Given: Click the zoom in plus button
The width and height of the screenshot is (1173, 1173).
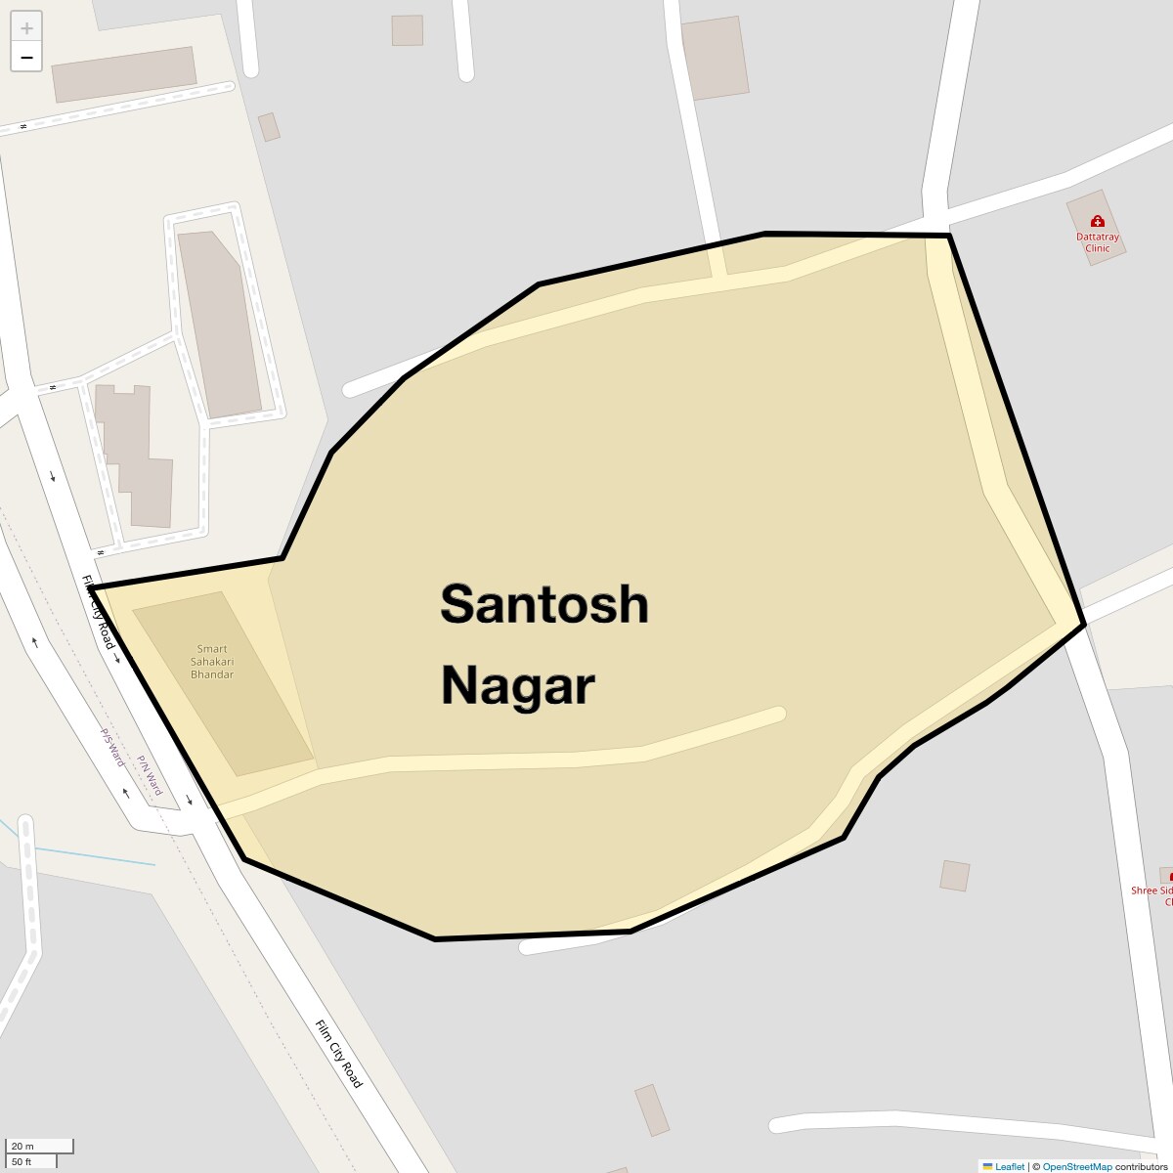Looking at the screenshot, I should [26, 27].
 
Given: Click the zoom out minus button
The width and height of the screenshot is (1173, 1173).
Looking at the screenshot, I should [26, 57].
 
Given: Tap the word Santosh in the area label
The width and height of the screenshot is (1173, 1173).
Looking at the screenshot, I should [544, 604].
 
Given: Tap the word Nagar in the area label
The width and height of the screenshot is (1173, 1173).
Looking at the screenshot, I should [518, 685].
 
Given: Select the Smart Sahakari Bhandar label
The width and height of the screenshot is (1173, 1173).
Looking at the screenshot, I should [212, 662].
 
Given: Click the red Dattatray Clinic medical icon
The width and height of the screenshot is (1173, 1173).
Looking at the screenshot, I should [1097, 221].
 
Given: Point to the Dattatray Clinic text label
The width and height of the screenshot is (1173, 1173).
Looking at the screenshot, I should [1098, 242].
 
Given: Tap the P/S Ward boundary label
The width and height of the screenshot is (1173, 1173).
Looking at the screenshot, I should [112, 745].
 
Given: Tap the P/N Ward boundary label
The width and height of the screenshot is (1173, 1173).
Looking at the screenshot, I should [149, 774].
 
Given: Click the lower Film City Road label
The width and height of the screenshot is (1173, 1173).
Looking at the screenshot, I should [339, 1054].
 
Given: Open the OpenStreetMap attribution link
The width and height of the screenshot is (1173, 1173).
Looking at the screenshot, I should [1076, 1166].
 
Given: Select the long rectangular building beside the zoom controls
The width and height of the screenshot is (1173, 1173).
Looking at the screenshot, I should [124, 74].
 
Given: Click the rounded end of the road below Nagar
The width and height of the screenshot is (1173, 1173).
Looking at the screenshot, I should [777, 714].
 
